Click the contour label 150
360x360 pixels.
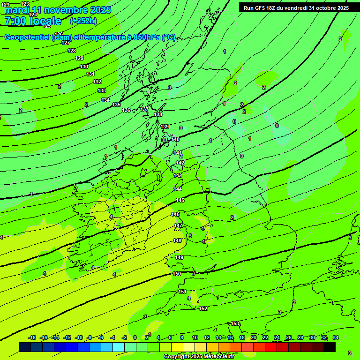(x=177, y=274)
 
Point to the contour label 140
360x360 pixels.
(x=175, y=139)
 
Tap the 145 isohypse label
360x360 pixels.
(x=180, y=200)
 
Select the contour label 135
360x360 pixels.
(x=116, y=105)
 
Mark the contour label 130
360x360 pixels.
(x=84, y=67)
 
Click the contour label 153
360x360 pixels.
(x=235, y=324)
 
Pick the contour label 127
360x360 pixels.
(x=66, y=43)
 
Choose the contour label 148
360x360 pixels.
(x=177, y=240)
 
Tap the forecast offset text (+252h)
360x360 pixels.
(x=83, y=21)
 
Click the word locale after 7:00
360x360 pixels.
(x=45, y=21)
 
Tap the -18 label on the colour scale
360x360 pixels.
(x=32, y=337)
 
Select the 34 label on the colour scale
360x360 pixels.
(x=336, y=337)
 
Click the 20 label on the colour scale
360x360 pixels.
(x=253, y=337)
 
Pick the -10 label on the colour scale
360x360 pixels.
(x=79, y=337)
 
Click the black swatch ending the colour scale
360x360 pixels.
(x=330, y=347)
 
